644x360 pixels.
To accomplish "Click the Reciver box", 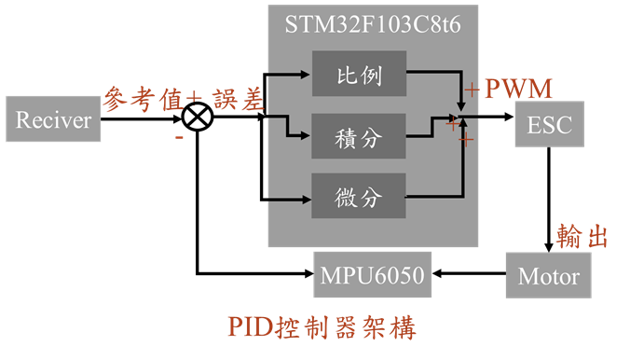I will (x=54, y=119).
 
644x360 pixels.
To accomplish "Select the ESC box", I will (x=549, y=125).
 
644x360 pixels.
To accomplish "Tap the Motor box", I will (x=548, y=276).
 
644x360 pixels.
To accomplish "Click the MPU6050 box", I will (x=373, y=276).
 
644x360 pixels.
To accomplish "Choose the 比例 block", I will (x=359, y=76).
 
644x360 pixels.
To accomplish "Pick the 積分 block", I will (x=359, y=137).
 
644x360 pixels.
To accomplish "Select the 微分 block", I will (x=359, y=197).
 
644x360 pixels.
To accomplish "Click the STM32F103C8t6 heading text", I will (x=373, y=23).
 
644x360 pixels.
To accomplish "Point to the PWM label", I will (x=518, y=90).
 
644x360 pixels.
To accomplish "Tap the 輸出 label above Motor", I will (x=582, y=236).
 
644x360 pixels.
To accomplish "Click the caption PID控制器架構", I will (x=322, y=327).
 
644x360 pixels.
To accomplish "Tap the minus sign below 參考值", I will (x=179, y=137).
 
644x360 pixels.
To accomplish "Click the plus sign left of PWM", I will (x=473, y=90).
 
